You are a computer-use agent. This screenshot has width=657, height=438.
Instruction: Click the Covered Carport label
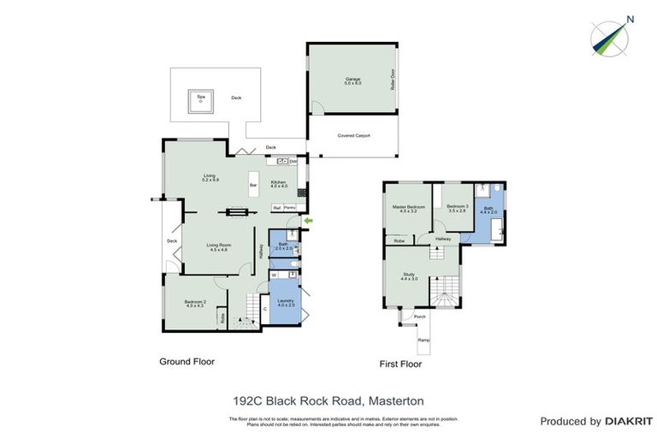point(353,135)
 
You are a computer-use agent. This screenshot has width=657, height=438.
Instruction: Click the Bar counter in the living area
point(252,185)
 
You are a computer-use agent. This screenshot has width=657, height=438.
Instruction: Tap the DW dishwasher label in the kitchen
point(293,162)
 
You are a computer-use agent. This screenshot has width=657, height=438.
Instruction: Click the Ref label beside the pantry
point(276,208)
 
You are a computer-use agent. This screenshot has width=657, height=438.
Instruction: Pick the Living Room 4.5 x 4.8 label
point(219,247)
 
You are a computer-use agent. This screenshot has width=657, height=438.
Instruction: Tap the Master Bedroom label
point(409,209)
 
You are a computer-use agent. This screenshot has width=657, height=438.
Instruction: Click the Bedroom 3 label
point(458,209)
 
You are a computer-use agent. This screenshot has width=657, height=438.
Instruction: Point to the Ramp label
point(423,340)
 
